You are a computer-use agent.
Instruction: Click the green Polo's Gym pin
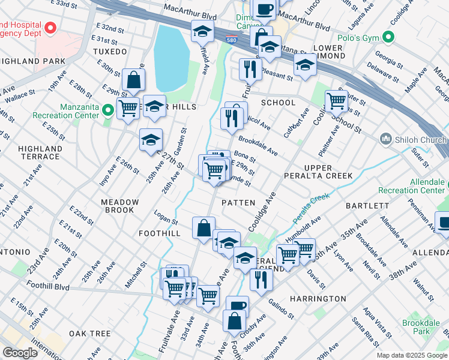[x=388, y=38]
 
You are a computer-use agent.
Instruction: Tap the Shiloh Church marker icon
[x=386, y=139]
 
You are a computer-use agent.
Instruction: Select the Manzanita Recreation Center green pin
[x=107, y=110]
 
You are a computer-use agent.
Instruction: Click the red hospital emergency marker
[x=51, y=28]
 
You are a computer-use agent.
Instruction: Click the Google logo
[x=20, y=352]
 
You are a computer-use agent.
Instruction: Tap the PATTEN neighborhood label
[x=238, y=203]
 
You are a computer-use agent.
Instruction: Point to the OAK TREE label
[x=89, y=333]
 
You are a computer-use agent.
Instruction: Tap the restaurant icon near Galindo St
[x=261, y=280]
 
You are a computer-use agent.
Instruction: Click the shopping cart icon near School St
[x=336, y=100]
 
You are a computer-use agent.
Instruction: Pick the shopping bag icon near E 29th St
[x=133, y=79]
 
